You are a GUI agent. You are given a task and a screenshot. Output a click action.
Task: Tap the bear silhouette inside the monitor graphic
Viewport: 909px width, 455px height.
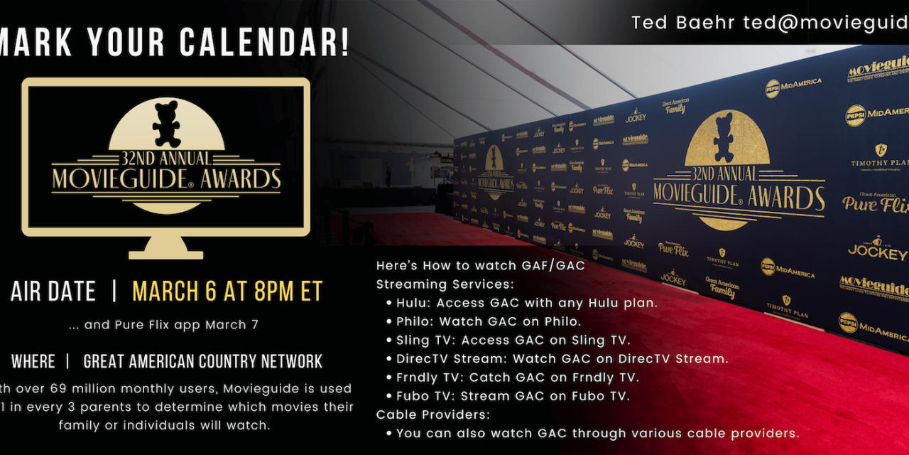pyautogui.click(x=166, y=124)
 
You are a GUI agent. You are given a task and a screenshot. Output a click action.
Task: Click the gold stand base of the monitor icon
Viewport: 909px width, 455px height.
pyautogui.click(x=166, y=252)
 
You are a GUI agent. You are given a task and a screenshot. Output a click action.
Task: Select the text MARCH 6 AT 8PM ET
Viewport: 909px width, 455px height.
pyautogui.click(x=227, y=291)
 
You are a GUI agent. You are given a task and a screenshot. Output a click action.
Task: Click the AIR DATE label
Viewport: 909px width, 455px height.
pyautogui.click(x=53, y=291)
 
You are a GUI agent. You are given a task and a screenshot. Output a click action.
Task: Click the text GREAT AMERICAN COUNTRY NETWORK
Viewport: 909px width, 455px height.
pyautogui.click(x=203, y=361)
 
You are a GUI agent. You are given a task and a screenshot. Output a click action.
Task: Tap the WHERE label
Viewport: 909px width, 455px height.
pyautogui.click(x=33, y=361)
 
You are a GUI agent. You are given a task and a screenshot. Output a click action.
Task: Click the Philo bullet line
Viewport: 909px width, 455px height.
pyautogui.click(x=489, y=321)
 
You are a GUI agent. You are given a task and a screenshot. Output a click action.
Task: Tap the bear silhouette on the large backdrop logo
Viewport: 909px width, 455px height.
pyautogui.click(x=724, y=139)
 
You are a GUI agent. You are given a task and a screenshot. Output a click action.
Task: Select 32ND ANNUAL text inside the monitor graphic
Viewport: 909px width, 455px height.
pyautogui.click(x=166, y=159)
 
